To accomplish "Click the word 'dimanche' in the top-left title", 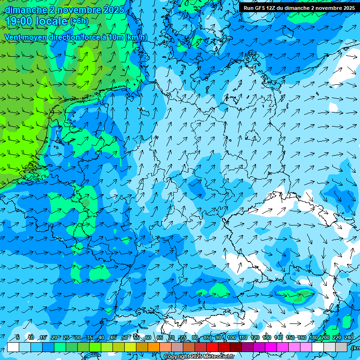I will (x=25, y=9).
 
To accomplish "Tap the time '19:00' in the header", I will (x=18, y=21).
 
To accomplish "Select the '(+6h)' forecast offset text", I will (x=79, y=21).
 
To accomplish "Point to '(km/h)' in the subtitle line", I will (x=136, y=37).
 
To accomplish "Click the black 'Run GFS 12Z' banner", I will (x=299, y=8).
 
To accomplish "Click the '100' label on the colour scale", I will (x=231, y=337).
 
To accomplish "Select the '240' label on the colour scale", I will (x=349, y=337).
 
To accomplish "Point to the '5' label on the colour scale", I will (x=17, y=337).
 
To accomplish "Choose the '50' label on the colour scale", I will (x=125, y=337).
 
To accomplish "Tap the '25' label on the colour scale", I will (x=66, y=337).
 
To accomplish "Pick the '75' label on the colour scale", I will (x=183, y=337).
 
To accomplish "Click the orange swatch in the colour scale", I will (x=154, y=347).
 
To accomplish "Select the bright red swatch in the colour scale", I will (x=212, y=347).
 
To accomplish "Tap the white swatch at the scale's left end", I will (x=13, y=347).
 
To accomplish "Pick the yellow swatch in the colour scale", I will (x=130, y=347).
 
